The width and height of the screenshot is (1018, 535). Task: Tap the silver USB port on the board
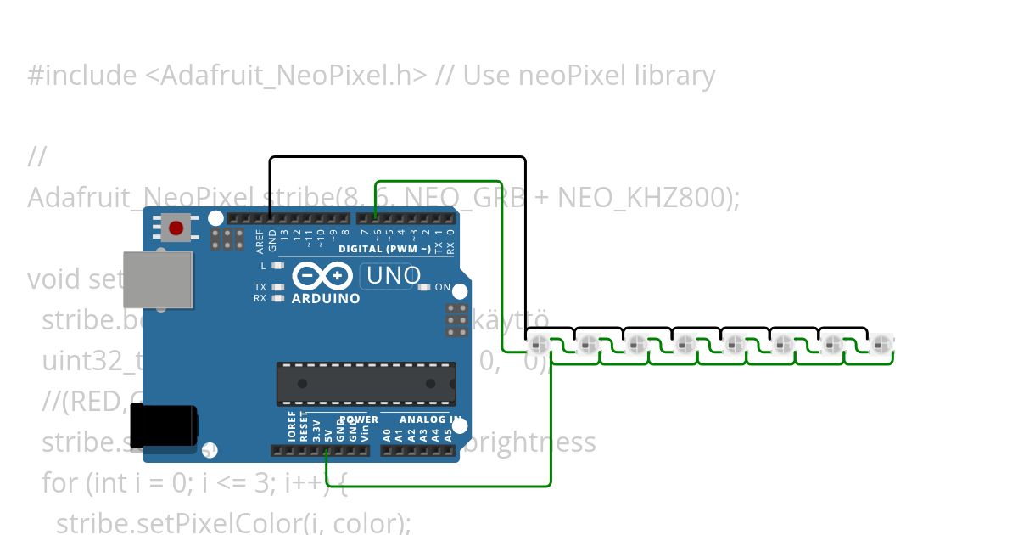[x=157, y=279]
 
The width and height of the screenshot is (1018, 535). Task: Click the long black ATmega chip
[x=366, y=383]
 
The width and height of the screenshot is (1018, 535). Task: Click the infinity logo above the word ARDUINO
[x=323, y=277]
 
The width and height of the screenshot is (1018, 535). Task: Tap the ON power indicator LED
[x=424, y=287]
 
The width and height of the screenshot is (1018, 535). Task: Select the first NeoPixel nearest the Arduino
[x=539, y=346]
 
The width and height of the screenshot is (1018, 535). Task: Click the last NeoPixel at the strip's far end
[x=883, y=346]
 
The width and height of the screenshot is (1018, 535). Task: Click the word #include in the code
[x=81, y=76]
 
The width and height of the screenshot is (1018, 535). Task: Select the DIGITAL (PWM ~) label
[x=384, y=249]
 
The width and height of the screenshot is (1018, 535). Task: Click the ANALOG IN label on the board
[x=421, y=420]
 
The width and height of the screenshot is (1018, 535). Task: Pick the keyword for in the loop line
[x=59, y=483]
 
